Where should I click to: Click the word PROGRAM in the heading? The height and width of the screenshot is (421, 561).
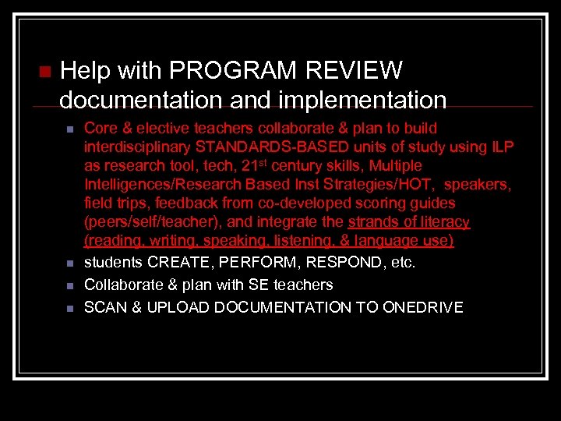pyautogui.click(x=235, y=71)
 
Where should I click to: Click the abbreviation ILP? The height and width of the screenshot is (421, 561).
pyautogui.click(x=500, y=147)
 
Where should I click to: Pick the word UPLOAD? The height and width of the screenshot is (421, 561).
pyautogui.click(x=168, y=307)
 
